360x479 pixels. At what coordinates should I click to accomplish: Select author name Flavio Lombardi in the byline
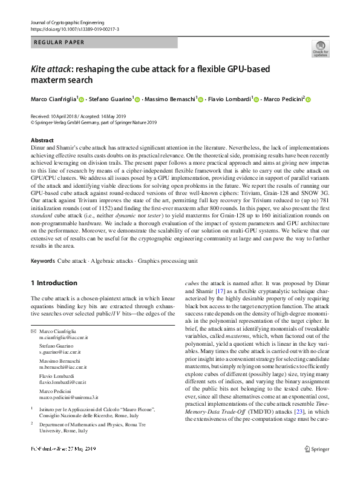point(229,99)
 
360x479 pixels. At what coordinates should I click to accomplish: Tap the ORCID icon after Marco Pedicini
point(307,99)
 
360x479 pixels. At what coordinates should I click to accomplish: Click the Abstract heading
point(42,140)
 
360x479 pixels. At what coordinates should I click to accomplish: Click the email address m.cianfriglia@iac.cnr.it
point(64,339)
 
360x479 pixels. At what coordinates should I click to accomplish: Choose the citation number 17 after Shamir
point(219,297)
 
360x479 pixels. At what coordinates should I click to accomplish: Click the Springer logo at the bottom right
point(318,465)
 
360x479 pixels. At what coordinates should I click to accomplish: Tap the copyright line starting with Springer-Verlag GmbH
point(93,121)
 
